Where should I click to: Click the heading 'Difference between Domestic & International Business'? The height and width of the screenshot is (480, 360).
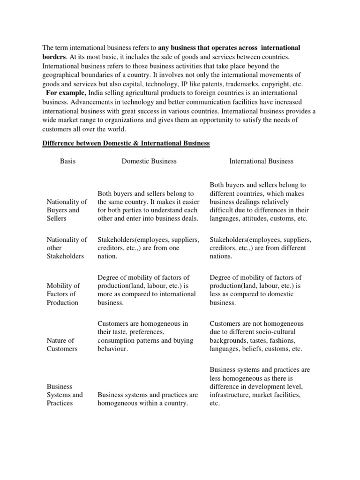coord(126,143)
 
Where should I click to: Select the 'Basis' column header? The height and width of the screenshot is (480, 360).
coord(67,161)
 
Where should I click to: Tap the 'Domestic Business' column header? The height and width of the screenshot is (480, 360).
coord(149,161)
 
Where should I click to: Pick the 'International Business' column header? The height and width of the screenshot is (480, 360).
coord(261,161)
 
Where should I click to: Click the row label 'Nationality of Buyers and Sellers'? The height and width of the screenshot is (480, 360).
coord(67,210)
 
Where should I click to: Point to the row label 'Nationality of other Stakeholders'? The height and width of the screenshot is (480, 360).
coord(67,248)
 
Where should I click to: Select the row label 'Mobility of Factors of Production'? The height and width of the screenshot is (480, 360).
coord(63,294)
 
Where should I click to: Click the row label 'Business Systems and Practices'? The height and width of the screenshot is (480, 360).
coord(65,395)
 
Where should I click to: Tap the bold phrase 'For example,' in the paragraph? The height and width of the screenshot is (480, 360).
coord(65,93)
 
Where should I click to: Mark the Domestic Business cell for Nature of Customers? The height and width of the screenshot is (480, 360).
coord(145,336)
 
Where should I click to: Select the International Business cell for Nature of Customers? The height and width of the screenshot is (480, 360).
coord(257,336)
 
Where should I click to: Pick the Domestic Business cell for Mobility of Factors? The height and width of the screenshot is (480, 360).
coord(146,290)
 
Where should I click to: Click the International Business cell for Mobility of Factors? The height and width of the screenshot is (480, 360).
coord(255,290)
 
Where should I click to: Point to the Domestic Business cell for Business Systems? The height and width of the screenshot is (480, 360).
coord(148,398)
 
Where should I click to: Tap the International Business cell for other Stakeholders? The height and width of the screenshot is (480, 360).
coord(260,248)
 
